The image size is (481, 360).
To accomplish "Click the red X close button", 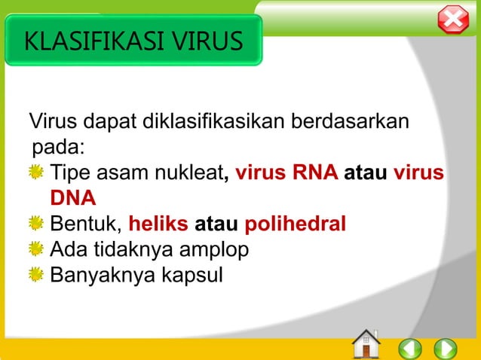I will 453,20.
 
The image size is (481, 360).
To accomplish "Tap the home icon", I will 366,344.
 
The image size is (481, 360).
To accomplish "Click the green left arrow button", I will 409,348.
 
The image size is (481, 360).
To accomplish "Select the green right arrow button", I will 446,348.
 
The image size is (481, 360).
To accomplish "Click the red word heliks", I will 159,224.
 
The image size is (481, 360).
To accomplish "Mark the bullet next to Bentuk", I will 35,224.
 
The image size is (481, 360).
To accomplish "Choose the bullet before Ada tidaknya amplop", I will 35,249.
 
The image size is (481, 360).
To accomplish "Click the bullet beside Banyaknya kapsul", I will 35,273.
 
